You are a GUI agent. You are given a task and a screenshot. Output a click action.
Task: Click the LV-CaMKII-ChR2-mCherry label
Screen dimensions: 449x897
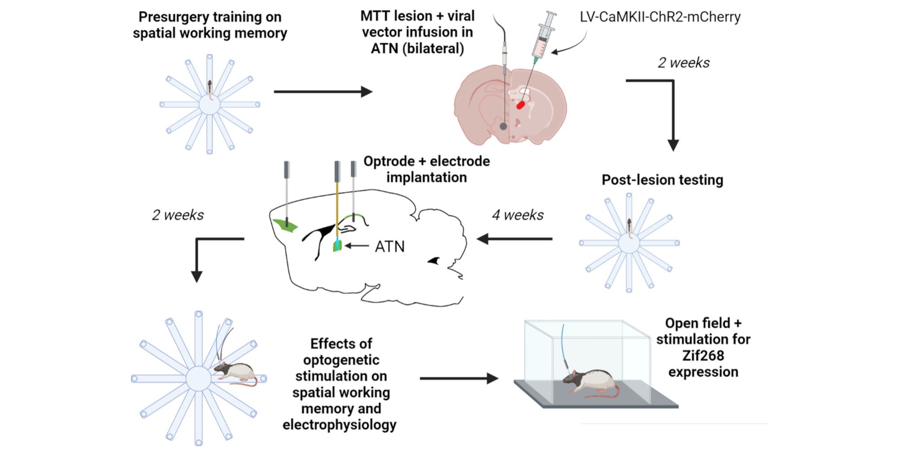[660, 17]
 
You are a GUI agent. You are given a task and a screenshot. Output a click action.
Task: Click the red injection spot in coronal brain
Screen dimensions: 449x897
[520, 105]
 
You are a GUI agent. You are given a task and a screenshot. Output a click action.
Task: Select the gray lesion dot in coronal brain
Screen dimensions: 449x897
[503, 127]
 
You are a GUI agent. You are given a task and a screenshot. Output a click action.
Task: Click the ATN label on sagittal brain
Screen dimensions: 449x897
[389, 247]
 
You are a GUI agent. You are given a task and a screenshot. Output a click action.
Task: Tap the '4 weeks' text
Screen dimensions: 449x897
[518, 215]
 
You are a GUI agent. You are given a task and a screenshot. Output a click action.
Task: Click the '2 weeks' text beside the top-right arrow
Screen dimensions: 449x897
[684, 63]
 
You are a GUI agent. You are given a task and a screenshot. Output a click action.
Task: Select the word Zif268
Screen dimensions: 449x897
[703, 356]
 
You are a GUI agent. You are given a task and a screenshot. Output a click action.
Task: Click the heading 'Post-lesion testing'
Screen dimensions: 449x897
[662, 180]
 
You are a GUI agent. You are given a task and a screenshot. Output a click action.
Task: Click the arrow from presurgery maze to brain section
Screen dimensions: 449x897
[323, 92]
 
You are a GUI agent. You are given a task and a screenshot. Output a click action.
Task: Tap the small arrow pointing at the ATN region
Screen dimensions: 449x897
[357, 246]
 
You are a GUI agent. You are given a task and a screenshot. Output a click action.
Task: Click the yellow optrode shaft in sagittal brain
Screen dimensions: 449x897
[337, 207]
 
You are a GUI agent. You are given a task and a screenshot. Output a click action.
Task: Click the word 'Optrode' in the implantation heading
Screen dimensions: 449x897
[389, 161]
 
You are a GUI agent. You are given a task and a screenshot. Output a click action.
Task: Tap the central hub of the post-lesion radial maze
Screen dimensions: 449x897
[629, 243]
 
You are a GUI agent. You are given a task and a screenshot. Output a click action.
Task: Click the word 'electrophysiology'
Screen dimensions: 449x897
[339, 425]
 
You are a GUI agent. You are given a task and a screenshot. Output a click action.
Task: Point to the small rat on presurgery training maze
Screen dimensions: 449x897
[210, 88]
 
